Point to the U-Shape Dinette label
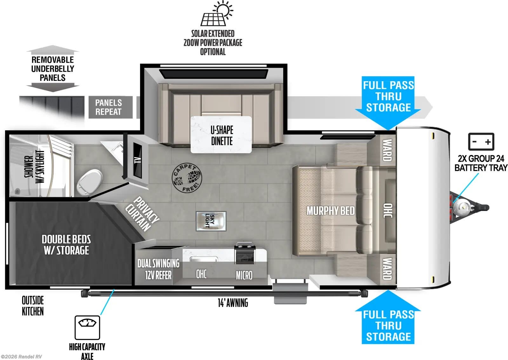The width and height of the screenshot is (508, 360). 222,135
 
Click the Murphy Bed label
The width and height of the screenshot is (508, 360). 330,211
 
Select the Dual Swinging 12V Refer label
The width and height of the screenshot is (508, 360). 158,269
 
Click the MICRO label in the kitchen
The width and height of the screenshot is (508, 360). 244,275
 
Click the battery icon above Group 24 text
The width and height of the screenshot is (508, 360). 481,142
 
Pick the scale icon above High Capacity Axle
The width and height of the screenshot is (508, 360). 87,327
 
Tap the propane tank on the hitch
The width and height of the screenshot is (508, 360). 461,208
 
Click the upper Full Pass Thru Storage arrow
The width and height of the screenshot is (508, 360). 388,98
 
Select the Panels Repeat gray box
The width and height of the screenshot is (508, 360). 109,107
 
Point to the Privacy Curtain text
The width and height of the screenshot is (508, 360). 142,214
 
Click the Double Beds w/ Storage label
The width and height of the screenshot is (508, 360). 66,245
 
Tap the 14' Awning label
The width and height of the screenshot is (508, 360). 233,303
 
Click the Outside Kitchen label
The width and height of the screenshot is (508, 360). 33,306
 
